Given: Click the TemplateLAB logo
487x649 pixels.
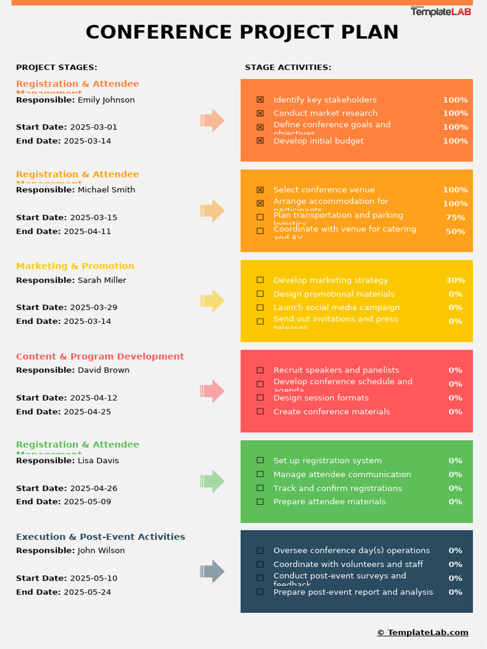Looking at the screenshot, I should click(x=441, y=11).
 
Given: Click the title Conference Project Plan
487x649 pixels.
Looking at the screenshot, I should click(x=242, y=32).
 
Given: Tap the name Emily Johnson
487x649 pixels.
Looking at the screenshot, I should click(x=106, y=100).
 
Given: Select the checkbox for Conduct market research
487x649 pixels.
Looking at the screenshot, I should click(x=260, y=113).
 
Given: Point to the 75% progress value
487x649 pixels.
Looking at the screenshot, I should click(x=455, y=217).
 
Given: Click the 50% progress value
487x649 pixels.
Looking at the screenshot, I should click(x=455, y=231).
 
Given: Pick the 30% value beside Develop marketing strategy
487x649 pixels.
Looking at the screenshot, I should click(x=455, y=280).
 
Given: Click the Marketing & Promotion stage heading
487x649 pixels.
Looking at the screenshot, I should click(x=75, y=266).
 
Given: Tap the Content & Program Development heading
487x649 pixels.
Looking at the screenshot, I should click(x=100, y=357).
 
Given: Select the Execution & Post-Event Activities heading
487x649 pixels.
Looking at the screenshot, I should click(x=100, y=537).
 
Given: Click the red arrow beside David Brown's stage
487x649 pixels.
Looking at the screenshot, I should click(x=212, y=391).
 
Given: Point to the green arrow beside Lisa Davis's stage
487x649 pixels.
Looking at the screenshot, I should click(x=212, y=482).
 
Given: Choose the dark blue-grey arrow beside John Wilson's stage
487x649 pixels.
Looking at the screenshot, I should click(x=212, y=572).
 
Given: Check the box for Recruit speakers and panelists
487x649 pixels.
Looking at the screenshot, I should click(x=260, y=370).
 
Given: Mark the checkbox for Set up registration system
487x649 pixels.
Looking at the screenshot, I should click(x=260, y=461).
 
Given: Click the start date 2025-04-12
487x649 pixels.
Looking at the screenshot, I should click(x=93, y=398).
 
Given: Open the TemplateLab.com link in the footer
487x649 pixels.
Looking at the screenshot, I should click(x=422, y=633).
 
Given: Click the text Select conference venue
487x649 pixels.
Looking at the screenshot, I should click(x=324, y=190).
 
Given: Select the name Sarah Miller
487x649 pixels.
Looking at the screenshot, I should click(x=101, y=280).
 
